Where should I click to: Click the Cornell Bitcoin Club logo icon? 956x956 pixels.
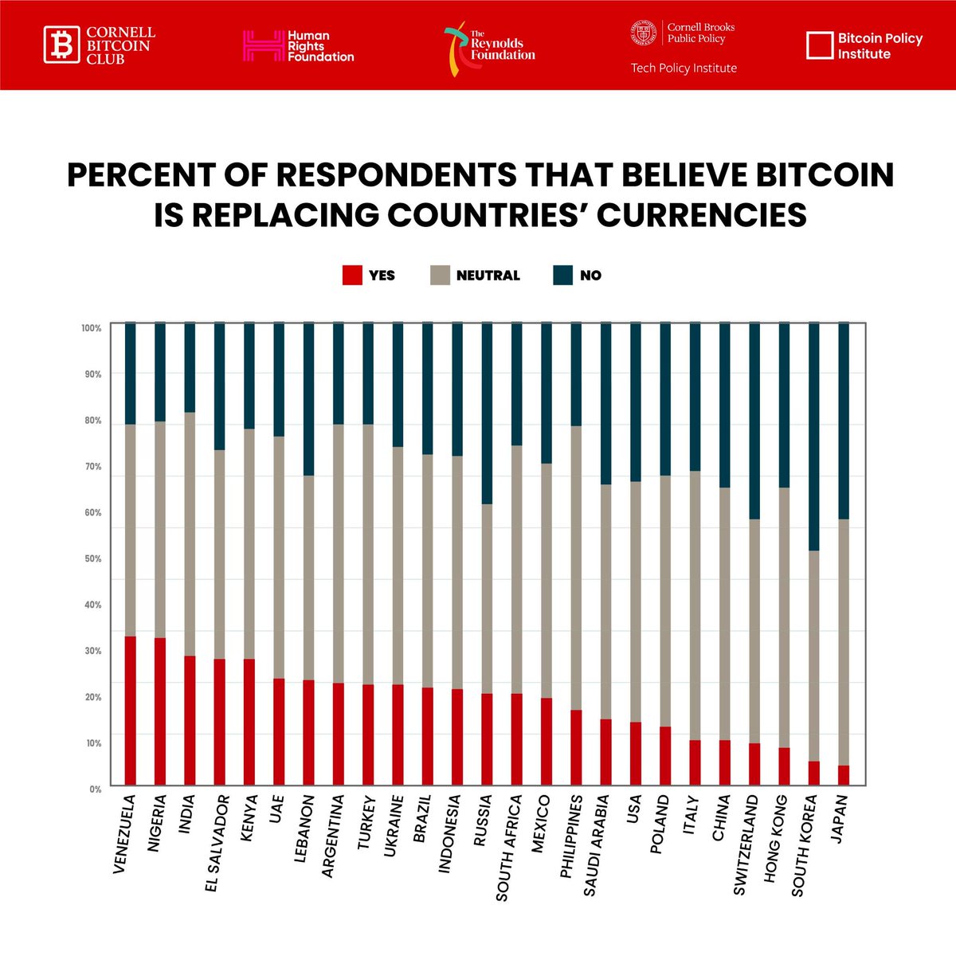(61, 45)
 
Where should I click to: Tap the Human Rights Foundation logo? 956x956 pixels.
(298, 46)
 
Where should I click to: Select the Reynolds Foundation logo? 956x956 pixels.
(489, 49)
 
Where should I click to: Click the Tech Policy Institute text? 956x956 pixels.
(684, 68)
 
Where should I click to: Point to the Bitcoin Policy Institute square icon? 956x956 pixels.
(820, 45)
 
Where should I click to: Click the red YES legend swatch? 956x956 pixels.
(352, 276)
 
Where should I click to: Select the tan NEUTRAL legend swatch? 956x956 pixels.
(440, 276)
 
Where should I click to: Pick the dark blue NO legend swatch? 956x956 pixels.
(562, 276)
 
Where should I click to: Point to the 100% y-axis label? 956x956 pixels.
(92, 328)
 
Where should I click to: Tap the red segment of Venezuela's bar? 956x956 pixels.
(131, 711)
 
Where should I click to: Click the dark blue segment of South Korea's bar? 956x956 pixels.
(814, 437)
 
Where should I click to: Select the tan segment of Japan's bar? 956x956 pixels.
(844, 642)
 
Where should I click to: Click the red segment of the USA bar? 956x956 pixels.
(636, 754)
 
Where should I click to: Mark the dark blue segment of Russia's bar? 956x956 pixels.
(488, 413)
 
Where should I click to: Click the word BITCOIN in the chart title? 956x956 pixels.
(825, 174)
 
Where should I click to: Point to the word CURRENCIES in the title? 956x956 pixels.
(702, 215)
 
